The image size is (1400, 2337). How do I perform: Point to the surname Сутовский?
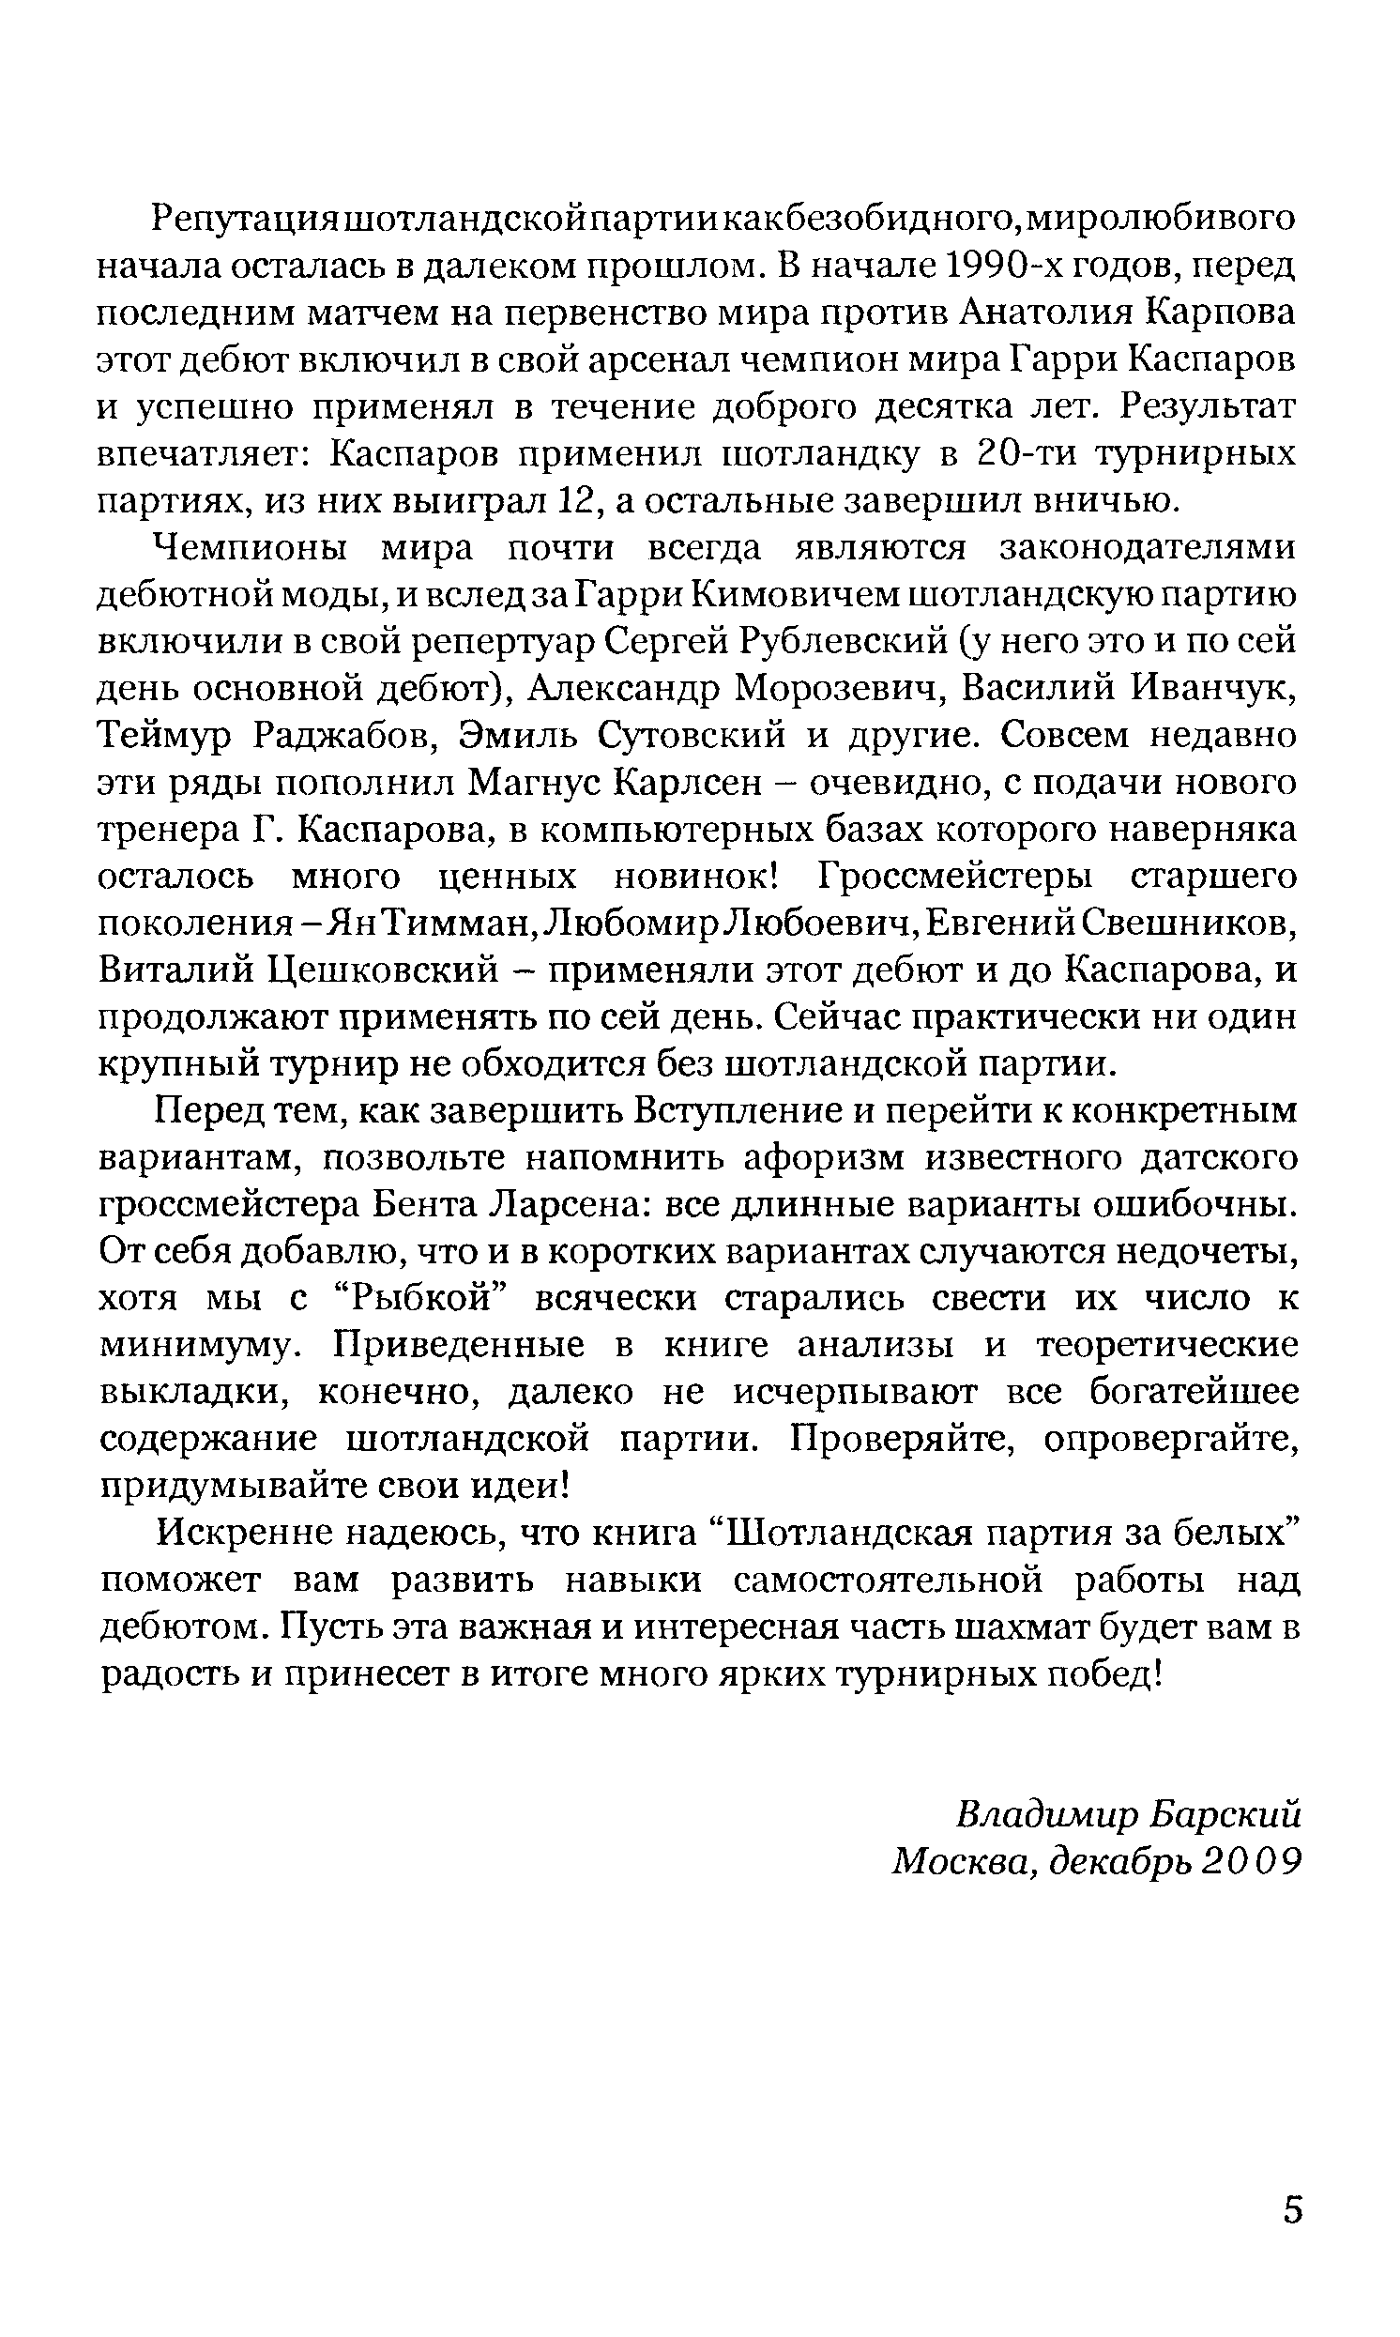click(x=697, y=736)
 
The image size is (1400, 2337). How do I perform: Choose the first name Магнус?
click(x=535, y=783)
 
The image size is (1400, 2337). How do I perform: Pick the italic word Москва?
click(x=961, y=1861)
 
